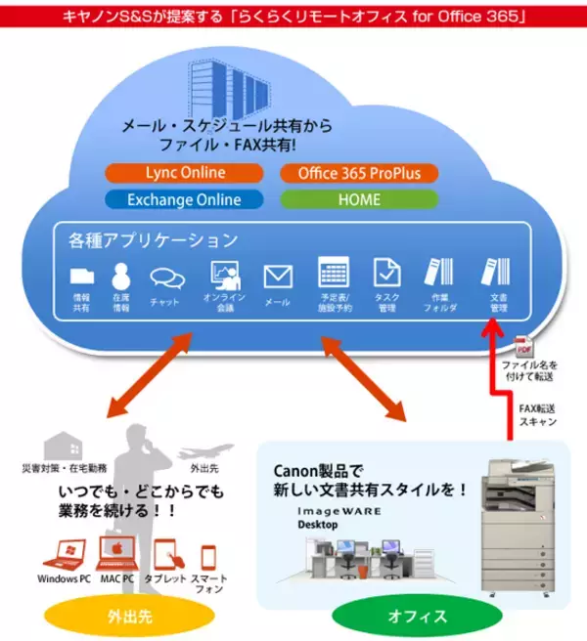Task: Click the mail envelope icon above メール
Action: pos(278,277)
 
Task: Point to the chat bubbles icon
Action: pos(166,278)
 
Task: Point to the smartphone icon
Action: pos(208,558)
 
